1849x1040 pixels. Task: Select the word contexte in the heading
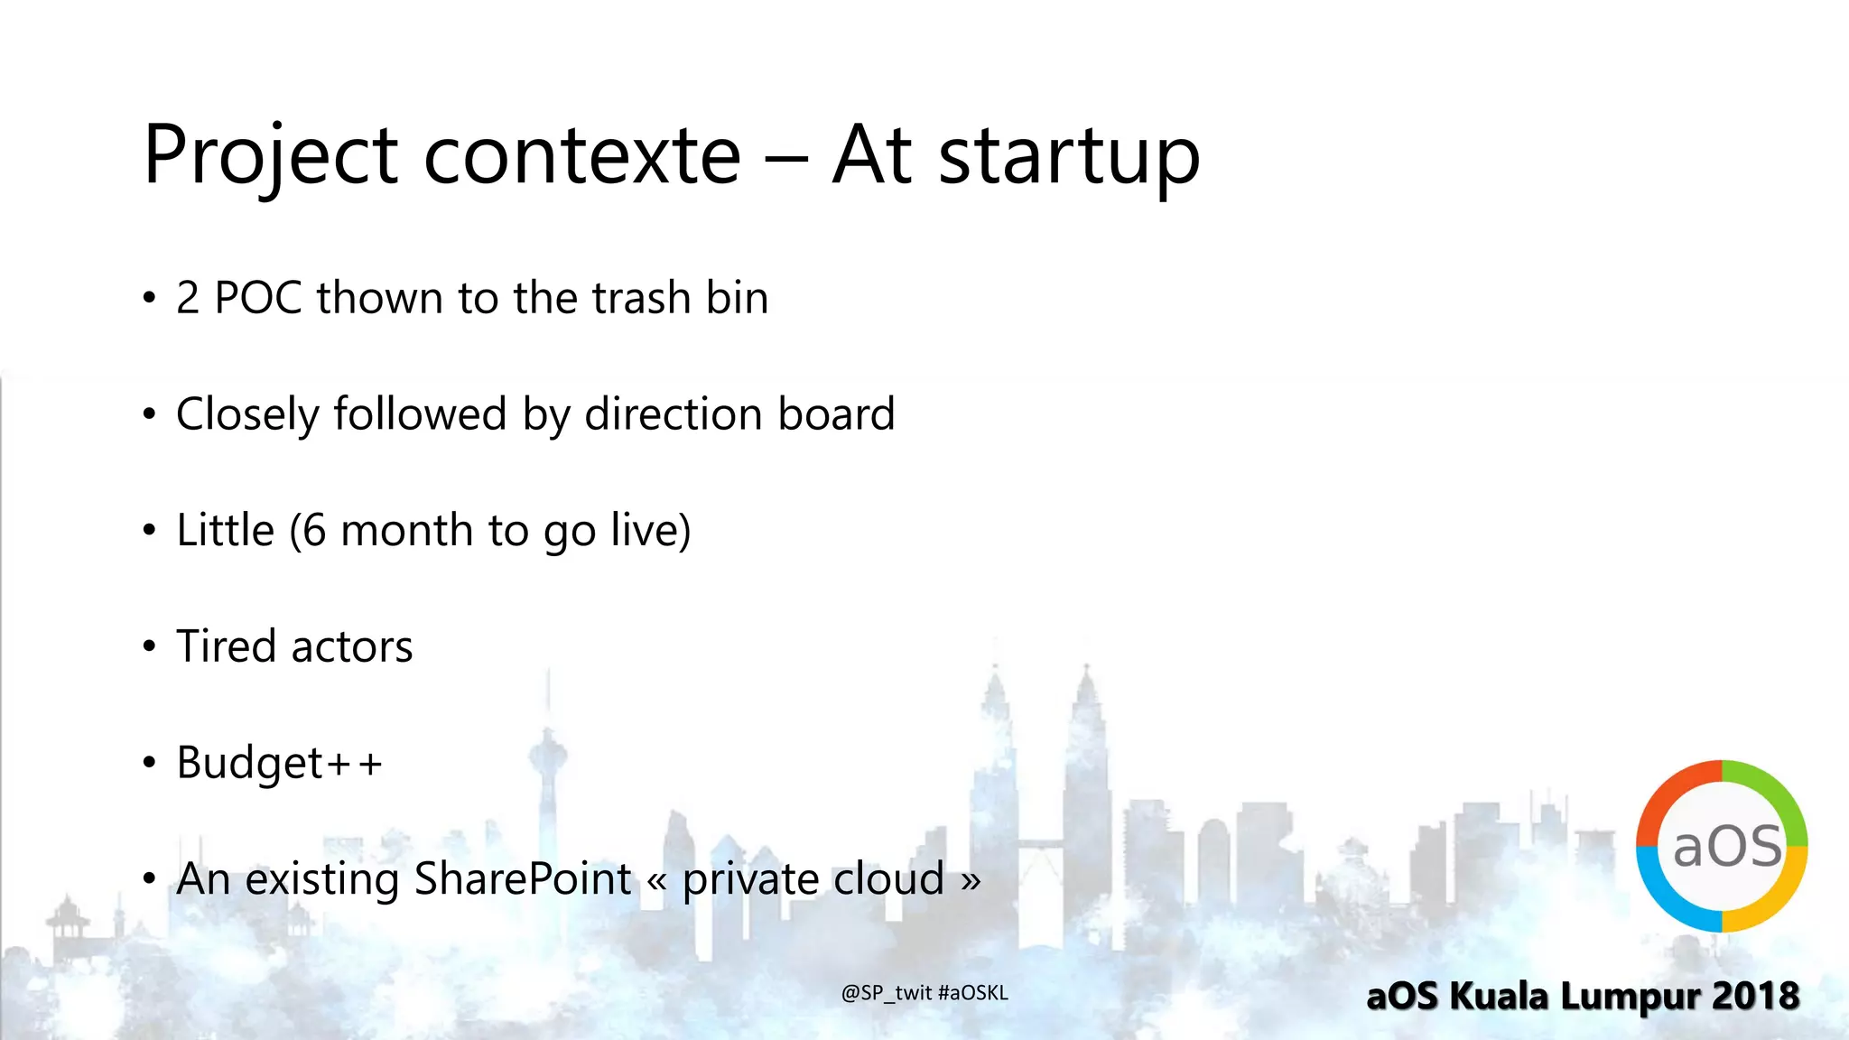[x=582, y=155]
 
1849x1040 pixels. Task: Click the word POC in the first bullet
[x=257, y=298]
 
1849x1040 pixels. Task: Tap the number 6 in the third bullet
[x=314, y=530]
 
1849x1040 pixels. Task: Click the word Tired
[x=226, y=646]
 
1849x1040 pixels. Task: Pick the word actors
[x=352, y=646]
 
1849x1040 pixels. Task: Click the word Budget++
[x=280, y=763]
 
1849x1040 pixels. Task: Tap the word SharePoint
[x=523, y=878]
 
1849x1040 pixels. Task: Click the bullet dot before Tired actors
[x=150, y=646]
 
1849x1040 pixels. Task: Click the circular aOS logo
[x=1721, y=846]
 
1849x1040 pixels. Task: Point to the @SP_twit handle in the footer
[x=887, y=993]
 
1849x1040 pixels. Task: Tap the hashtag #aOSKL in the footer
[x=973, y=993]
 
